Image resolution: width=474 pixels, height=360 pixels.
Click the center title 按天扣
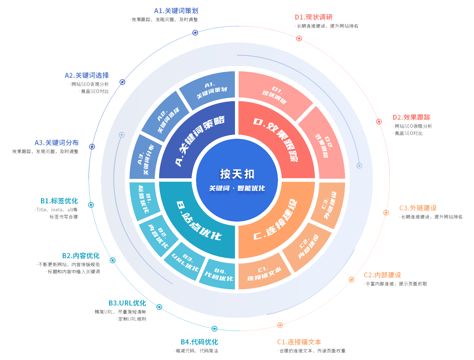click(x=237, y=174)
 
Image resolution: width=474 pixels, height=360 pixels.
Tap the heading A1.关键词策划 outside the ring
click(x=176, y=11)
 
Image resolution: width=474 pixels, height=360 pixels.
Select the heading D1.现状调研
click(x=314, y=17)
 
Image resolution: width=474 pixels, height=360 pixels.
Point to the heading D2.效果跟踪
click(x=411, y=117)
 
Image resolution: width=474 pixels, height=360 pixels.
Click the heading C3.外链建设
click(x=418, y=208)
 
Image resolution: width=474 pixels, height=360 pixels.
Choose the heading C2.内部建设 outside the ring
click(x=382, y=275)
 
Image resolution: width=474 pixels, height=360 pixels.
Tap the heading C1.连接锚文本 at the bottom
click(x=299, y=342)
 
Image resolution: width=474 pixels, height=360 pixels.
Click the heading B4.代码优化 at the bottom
click(x=199, y=342)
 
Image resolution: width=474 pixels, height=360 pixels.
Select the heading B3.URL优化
click(x=127, y=303)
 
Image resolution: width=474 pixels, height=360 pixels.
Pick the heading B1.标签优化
click(x=59, y=201)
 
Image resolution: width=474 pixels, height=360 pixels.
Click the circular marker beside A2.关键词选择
click(x=123, y=82)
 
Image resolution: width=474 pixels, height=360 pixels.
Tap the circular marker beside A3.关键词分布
click(x=92, y=147)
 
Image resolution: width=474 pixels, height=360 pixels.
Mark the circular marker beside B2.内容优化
click(x=113, y=260)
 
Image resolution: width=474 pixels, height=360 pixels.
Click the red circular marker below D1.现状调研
click(x=299, y=38)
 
